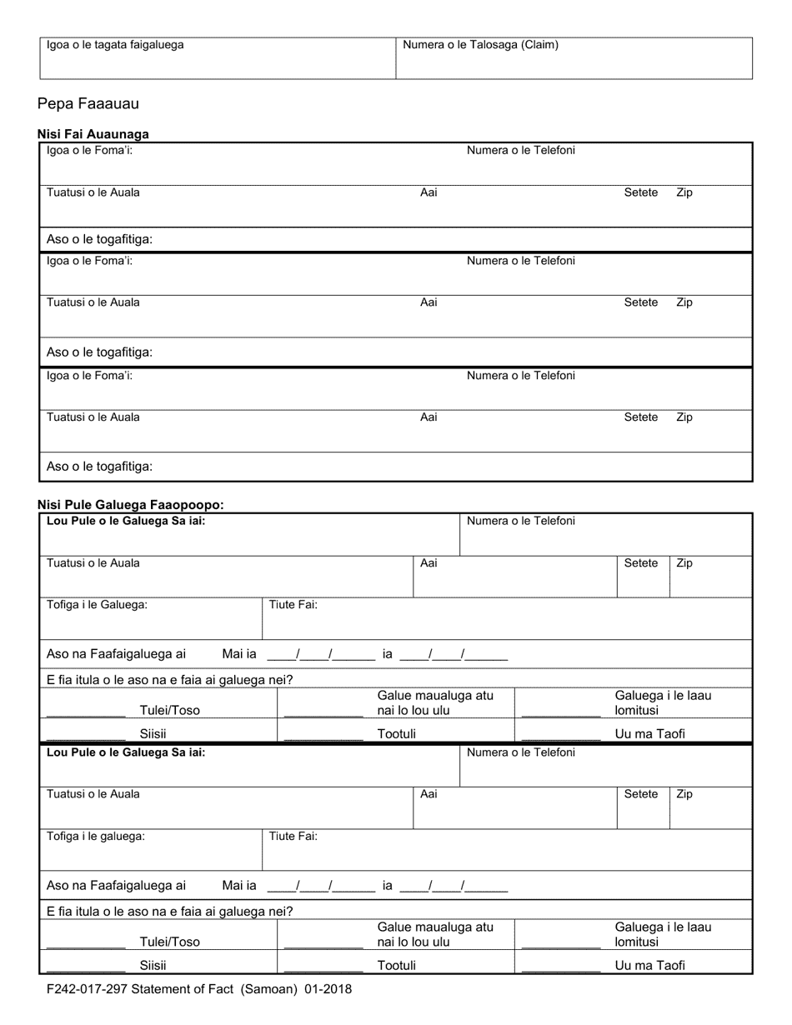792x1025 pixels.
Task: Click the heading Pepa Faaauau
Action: point(88,104)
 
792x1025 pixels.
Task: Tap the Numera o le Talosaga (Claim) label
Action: point(480,45)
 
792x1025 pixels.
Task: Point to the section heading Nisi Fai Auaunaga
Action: point(93,134)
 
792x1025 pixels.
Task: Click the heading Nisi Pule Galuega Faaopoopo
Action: point(130,505)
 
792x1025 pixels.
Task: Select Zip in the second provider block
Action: point(684,302)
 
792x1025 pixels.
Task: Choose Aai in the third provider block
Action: point(429,417)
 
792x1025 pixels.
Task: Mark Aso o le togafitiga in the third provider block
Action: point(99,467)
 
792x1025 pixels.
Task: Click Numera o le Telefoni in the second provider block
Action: point(520,261)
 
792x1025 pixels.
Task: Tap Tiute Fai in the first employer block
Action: point(293,605)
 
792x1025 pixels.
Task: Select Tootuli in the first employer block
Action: point(397,734)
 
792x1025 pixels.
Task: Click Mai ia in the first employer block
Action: point(239,655)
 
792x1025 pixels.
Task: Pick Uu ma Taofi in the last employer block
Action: point(649,966)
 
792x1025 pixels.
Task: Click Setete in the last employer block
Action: point(640,795)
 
